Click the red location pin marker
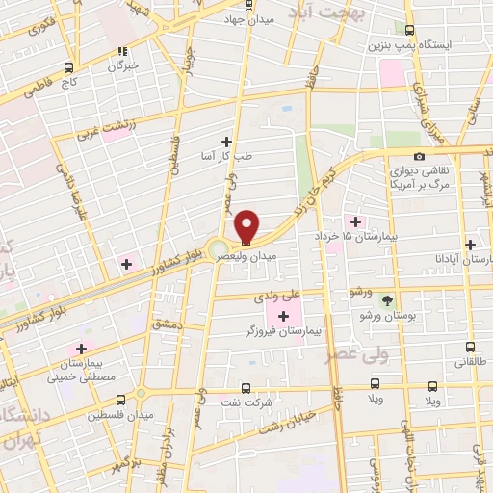(x=246, y=226)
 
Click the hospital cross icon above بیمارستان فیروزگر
(x=283, y=317)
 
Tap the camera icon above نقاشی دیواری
(x=418, y=156)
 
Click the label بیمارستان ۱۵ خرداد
(x=363, y=236)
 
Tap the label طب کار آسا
(x=220, y=156)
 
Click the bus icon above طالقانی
(x=470, y=348)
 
